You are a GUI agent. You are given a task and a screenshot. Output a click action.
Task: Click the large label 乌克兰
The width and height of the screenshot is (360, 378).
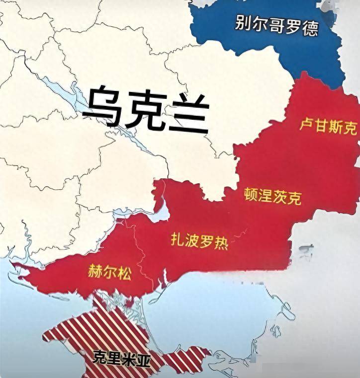click(145, 109)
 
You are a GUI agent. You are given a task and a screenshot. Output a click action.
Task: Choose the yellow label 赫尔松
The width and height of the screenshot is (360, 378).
click(109, 272)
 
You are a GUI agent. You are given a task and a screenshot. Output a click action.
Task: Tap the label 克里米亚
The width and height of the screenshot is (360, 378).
click(121, 359)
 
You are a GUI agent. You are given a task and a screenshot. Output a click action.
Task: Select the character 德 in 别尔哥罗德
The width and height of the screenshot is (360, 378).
click(310, 28)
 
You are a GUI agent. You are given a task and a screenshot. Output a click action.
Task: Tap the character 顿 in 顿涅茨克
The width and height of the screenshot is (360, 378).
click(251, 194)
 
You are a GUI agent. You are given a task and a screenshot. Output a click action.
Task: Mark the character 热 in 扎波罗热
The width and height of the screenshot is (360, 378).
click(221, 243)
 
